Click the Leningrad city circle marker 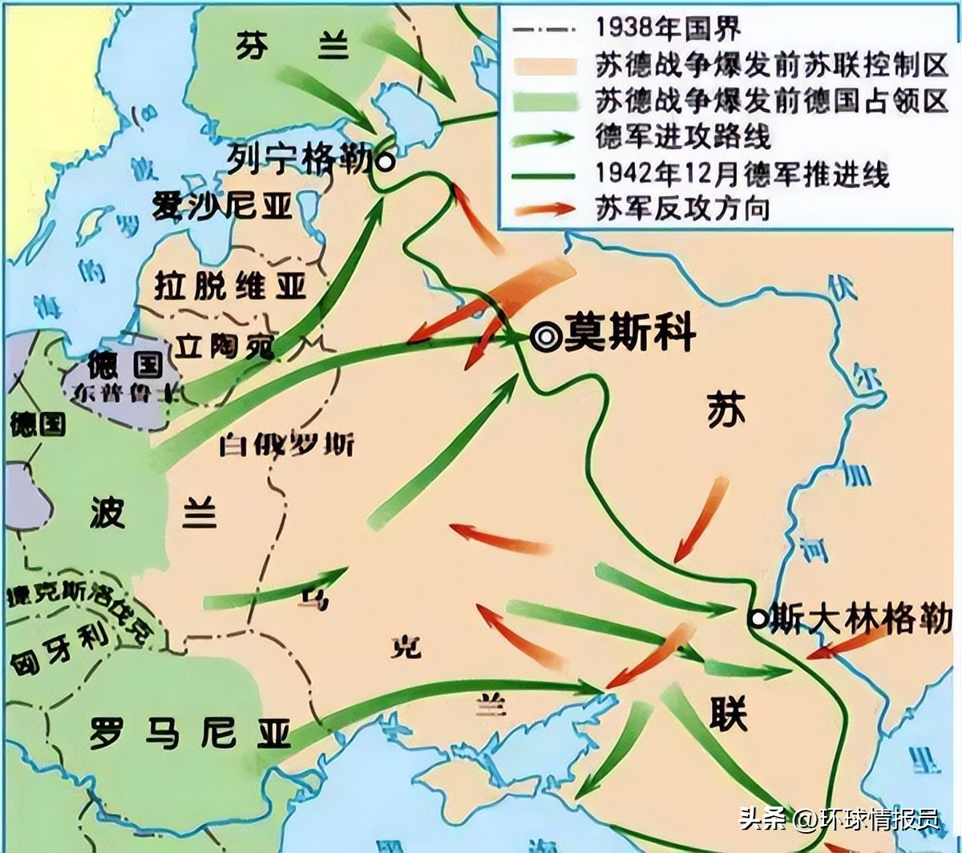tap(386, 162)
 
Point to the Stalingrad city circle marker tap(756, 617)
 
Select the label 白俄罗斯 tap(286, 443)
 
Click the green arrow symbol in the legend tap(546, 136)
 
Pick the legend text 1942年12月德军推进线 tap(742, 172)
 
